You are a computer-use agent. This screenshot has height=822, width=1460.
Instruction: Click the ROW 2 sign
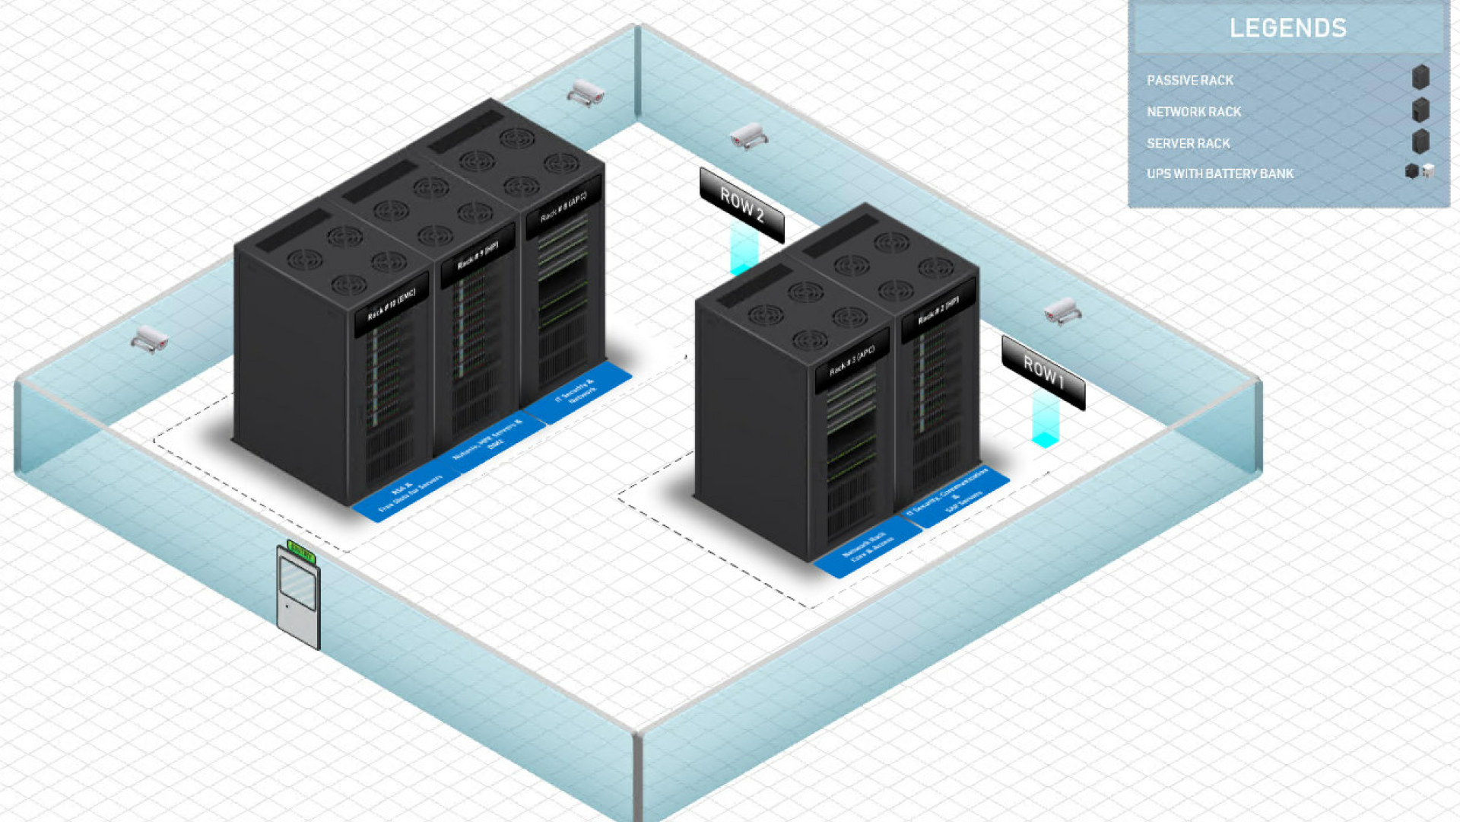click(x=741, y=205)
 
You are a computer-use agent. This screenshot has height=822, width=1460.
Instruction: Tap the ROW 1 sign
click(x=1043, y=372)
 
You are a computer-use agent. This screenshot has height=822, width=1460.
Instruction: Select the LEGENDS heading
click(x=1287, y=28)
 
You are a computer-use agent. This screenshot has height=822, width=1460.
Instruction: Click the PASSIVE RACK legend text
click(x=1189, y=80)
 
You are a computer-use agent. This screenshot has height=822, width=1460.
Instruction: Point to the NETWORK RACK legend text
click(x=1193, y=111)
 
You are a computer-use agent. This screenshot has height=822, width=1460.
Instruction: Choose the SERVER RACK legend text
click(x=1188, y=143)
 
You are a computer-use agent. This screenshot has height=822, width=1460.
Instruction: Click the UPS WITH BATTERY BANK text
click(x=1220, y=174)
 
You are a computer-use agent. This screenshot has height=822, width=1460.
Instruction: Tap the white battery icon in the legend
click(x=1428, y=171)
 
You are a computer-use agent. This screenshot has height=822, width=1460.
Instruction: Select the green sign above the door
click(x=301, y=552)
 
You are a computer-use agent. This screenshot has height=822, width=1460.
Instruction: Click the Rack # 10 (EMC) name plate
click(x=392, y=304)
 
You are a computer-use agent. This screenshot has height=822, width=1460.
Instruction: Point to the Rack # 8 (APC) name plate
click(x=563, y=207)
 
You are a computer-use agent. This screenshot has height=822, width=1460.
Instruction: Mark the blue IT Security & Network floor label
click(x=578, y=393)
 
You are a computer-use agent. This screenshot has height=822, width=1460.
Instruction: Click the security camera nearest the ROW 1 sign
click(x=1062, y=311)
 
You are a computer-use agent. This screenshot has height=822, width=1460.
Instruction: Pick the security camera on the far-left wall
click(x=150, y=339)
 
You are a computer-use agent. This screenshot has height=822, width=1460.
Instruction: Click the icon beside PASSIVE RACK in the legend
click(x=1420, y=78)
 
